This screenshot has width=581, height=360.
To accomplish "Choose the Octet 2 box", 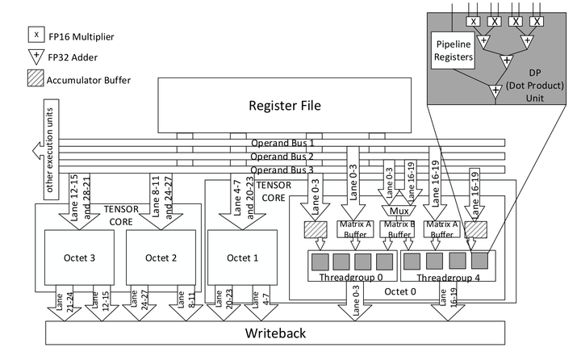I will click(160, 257).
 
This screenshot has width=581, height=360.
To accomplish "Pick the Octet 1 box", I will click(241, 257).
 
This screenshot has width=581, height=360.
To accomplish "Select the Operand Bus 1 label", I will click(282, 143).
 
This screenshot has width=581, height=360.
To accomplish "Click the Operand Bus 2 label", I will click(282, 156).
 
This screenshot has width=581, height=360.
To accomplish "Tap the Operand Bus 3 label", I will click(282, 170).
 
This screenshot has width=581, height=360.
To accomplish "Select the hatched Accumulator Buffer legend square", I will click(34, 79).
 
